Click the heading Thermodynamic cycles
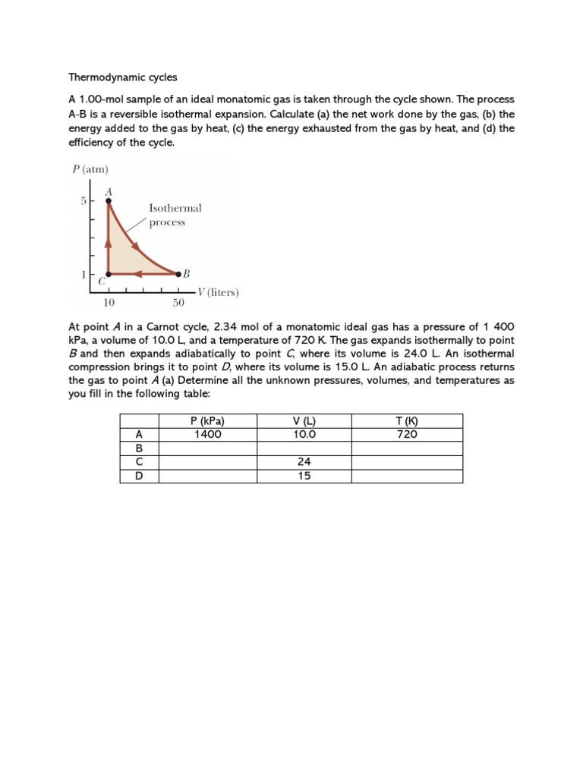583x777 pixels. (x=122, y=77)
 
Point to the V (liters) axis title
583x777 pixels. (x=218, y=292)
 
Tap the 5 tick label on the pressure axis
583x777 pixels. (x=84, y=201)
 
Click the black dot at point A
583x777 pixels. (x=109, y=201)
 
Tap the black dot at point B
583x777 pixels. (x=178, y=274)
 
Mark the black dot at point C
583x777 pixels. (x=109, y=274)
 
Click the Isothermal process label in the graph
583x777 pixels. (x=175, y=215)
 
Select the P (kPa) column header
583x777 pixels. (x=207, y=421)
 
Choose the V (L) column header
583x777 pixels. (x=304, y=421)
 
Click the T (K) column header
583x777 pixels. (x=407, y=421)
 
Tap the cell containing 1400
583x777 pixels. (x=207, y=435)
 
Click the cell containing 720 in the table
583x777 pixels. (x=407, y=435)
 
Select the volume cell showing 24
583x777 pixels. (x=304, y=462)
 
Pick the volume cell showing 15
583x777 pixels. (x=304, y=476)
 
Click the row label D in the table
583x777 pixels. (x=139, y=476)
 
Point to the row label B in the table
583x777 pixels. (x=139, y=448)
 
